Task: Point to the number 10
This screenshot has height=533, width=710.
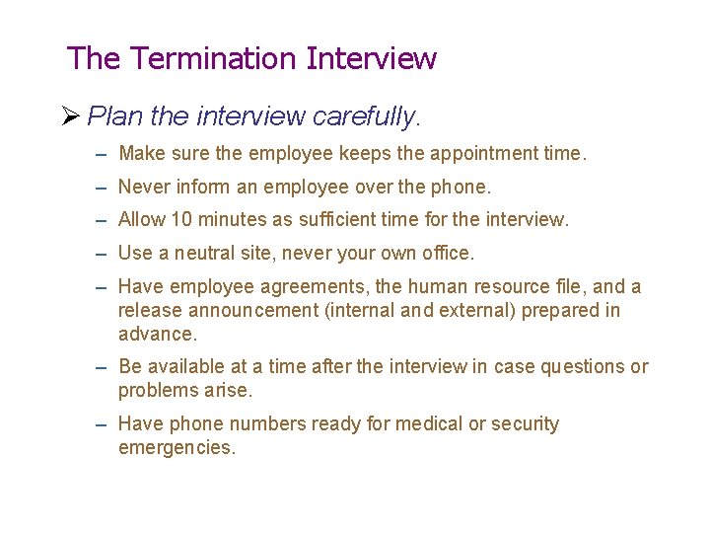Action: [181, 219]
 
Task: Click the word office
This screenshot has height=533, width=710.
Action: [446, 253]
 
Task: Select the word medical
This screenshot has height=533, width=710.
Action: [428, 424]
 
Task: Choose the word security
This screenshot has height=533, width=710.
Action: [524, 424]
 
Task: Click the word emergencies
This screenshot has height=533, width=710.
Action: [176, 448]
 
